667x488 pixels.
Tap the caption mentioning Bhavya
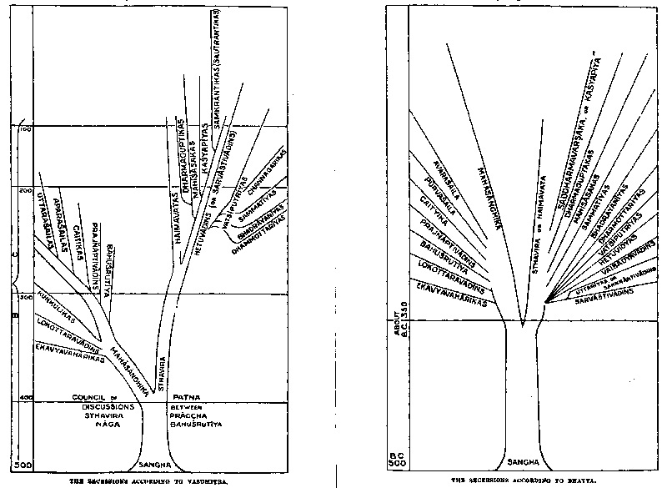pyautogui.click(x=524, y=481)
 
